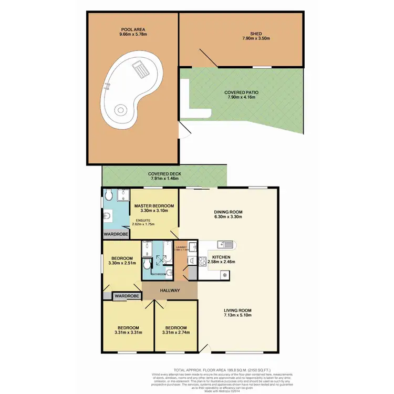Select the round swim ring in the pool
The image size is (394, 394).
click(121, 111)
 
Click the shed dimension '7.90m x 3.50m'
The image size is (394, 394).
click(255, 38)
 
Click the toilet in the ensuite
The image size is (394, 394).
click(108, 196)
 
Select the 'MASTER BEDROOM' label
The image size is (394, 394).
click(153, 206)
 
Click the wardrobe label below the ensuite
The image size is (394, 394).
click(116, 234)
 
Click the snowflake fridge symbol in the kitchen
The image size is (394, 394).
click(225, 274)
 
